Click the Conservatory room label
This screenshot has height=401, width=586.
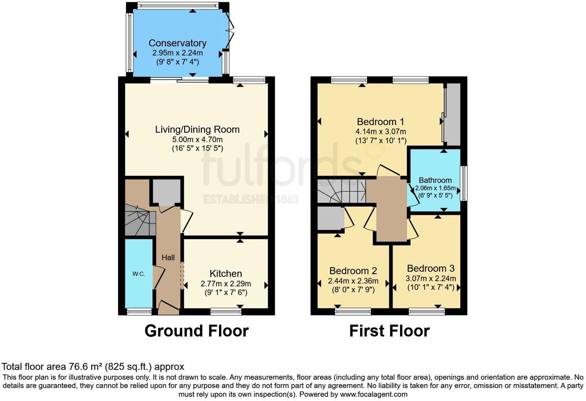pos(177,43)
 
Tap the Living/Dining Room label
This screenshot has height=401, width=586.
pos(197,130)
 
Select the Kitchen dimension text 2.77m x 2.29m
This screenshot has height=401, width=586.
pos(226,284)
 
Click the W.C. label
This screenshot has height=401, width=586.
pos(139,274)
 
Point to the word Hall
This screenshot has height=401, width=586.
pos(168,258)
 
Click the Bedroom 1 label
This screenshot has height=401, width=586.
pos(380,122)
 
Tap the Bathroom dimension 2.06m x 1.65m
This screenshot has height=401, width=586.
pos(435,189)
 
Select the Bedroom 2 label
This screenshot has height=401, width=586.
pos(353,271)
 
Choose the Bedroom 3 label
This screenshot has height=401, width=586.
pos(431,268)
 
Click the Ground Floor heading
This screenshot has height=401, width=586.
pos(196,331)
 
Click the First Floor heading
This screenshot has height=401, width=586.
pos(389,331)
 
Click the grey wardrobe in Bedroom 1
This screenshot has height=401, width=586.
pos(453,114)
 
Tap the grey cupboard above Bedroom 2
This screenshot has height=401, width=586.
pos(330,219)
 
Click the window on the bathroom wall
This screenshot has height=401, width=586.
pos(464,183)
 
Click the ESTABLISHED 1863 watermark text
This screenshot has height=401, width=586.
pos(251,199)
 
